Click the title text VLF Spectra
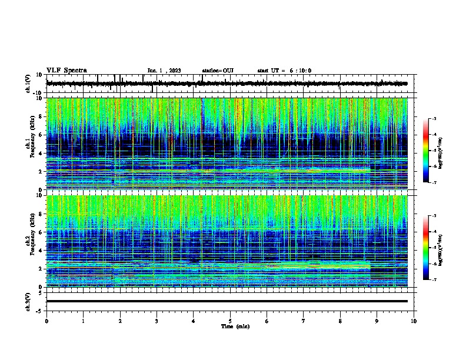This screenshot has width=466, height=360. tap(66, 70)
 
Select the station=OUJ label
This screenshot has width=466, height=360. tap(218, 71)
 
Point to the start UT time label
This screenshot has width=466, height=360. tap(284, 71)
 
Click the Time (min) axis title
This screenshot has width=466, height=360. tap(234, 326)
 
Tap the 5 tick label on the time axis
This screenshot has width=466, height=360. tap(230, 321)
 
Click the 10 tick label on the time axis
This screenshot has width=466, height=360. tap(414, 321)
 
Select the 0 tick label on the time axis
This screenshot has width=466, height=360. tap(46, 321)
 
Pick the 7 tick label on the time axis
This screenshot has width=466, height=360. tap(304, 321)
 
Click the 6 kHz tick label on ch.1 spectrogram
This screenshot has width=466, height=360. tap(42, 135)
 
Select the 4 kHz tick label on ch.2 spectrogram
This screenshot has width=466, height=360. tap(42, 250)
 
